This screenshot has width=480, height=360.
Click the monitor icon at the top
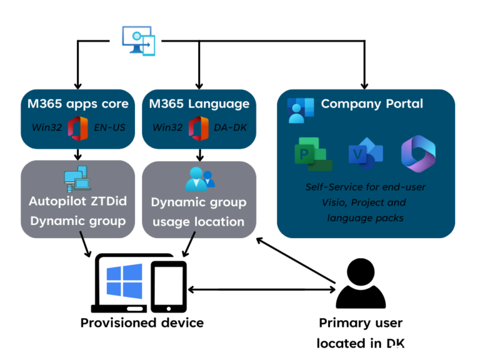[138, 41]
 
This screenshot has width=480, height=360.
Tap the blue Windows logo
[124, 281]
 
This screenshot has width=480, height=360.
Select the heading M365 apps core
[77, 104]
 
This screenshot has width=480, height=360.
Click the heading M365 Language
[199, 104]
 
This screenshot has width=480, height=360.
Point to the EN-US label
[109, 127]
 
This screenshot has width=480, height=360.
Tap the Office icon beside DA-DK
[199, 128]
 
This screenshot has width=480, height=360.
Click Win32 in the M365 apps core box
[46, 127]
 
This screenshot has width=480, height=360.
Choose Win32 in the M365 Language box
[167, 127]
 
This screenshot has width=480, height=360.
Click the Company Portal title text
[372, 104]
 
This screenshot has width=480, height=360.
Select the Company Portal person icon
[300, 110]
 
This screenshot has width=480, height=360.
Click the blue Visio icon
[366, 154]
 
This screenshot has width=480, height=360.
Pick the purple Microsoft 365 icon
[418, 154]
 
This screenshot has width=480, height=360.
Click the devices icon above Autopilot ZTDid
[77, 179]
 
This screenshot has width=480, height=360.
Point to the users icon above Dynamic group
[199, 179]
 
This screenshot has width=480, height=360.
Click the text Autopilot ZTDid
[77, 202]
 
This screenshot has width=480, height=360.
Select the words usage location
[199, 221]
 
